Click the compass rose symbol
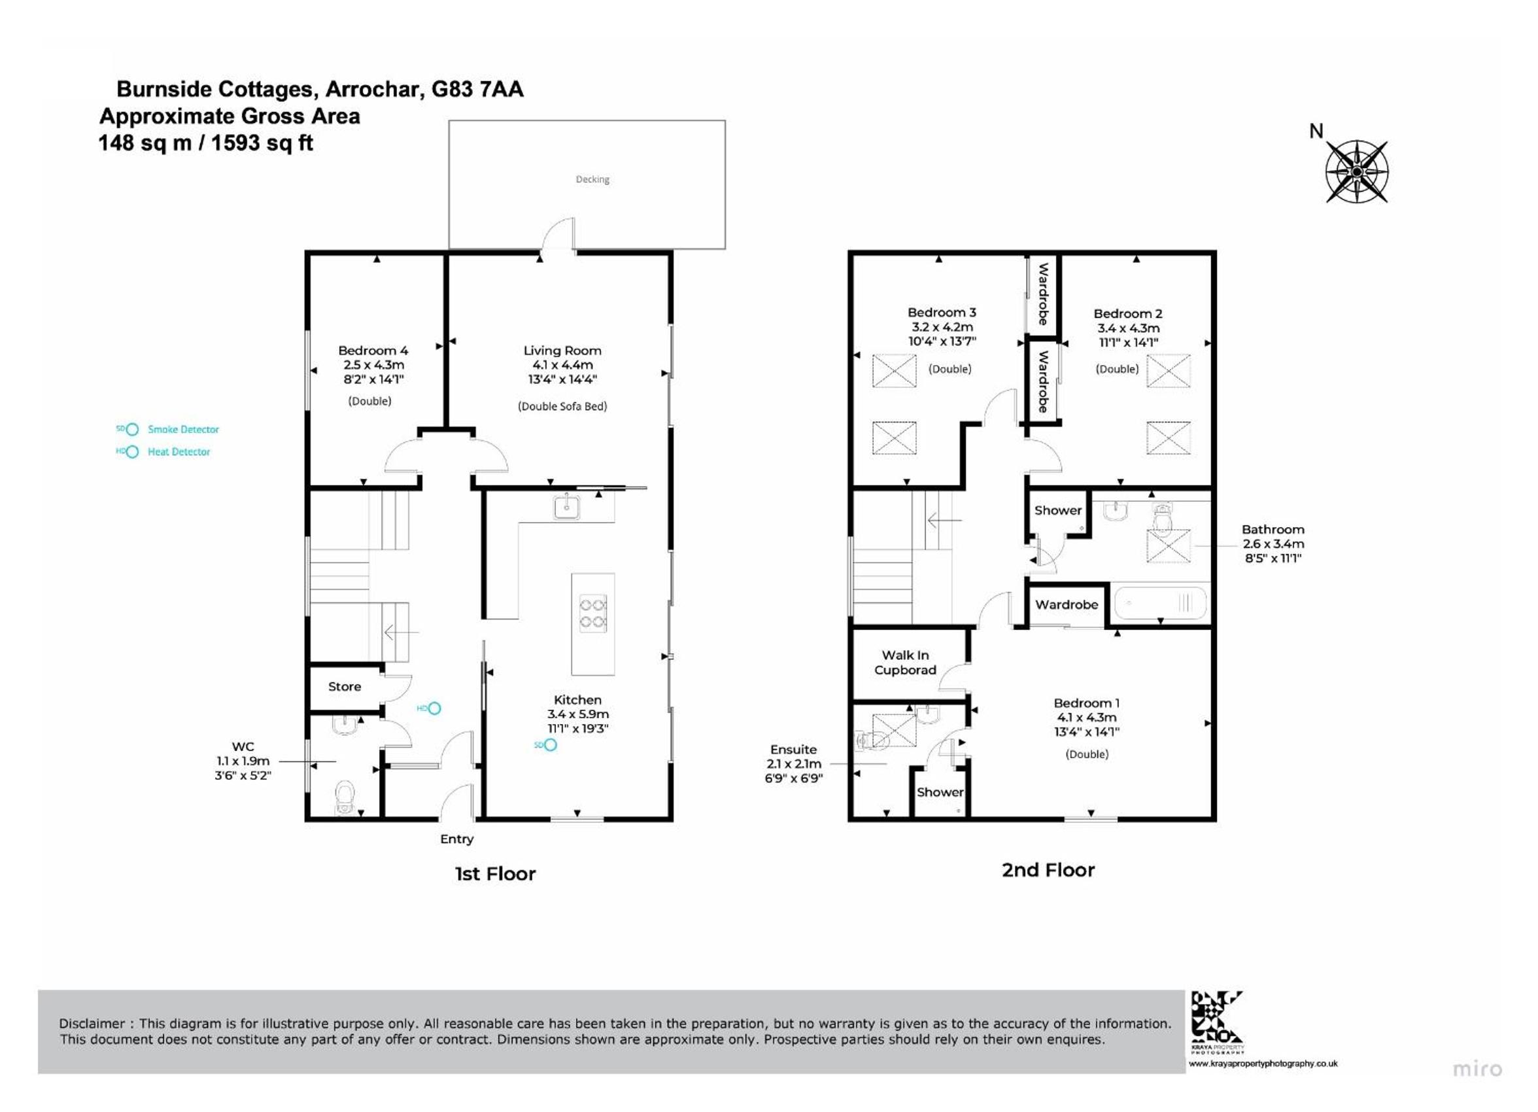[1356, 171]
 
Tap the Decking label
[592, 179]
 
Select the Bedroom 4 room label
[373, 351]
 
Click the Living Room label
[562, 351]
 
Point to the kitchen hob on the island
[592, 614]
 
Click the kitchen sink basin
[566, 506]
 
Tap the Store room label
[345, 687]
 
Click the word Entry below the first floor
[457, 839]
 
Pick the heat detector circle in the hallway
[435, 708]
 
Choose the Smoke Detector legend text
[183, 430]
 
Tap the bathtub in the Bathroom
[1160, 602]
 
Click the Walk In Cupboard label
[905, 662]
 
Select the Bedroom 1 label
[1086, 703]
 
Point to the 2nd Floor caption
[1048, 870]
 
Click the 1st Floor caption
[495, 873]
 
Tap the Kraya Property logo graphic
[1217, 1017]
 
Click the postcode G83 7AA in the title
[477, 89]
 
